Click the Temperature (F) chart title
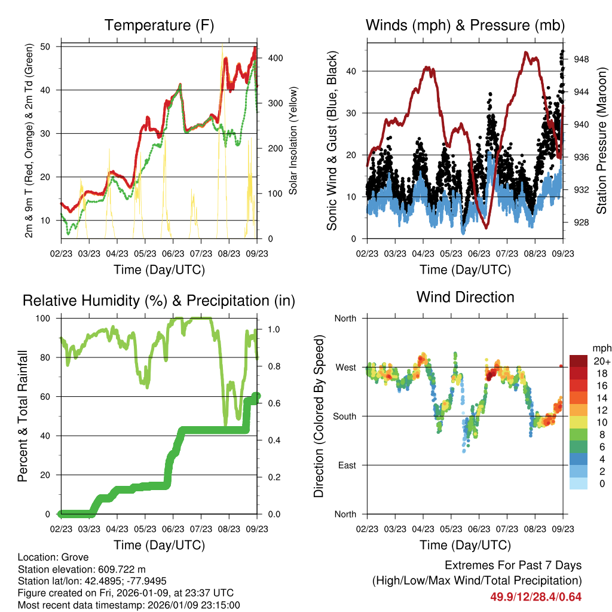click(159, 25)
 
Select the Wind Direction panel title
click(465, 297)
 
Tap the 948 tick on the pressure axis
click(582, 59)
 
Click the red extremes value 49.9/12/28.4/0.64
click(536, 596)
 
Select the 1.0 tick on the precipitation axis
click(271, 329)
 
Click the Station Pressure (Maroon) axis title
click(602, 140)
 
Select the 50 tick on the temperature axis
click(51, 47)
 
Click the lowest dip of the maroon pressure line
click(486, 228)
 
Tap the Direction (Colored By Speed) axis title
click(319, 416)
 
